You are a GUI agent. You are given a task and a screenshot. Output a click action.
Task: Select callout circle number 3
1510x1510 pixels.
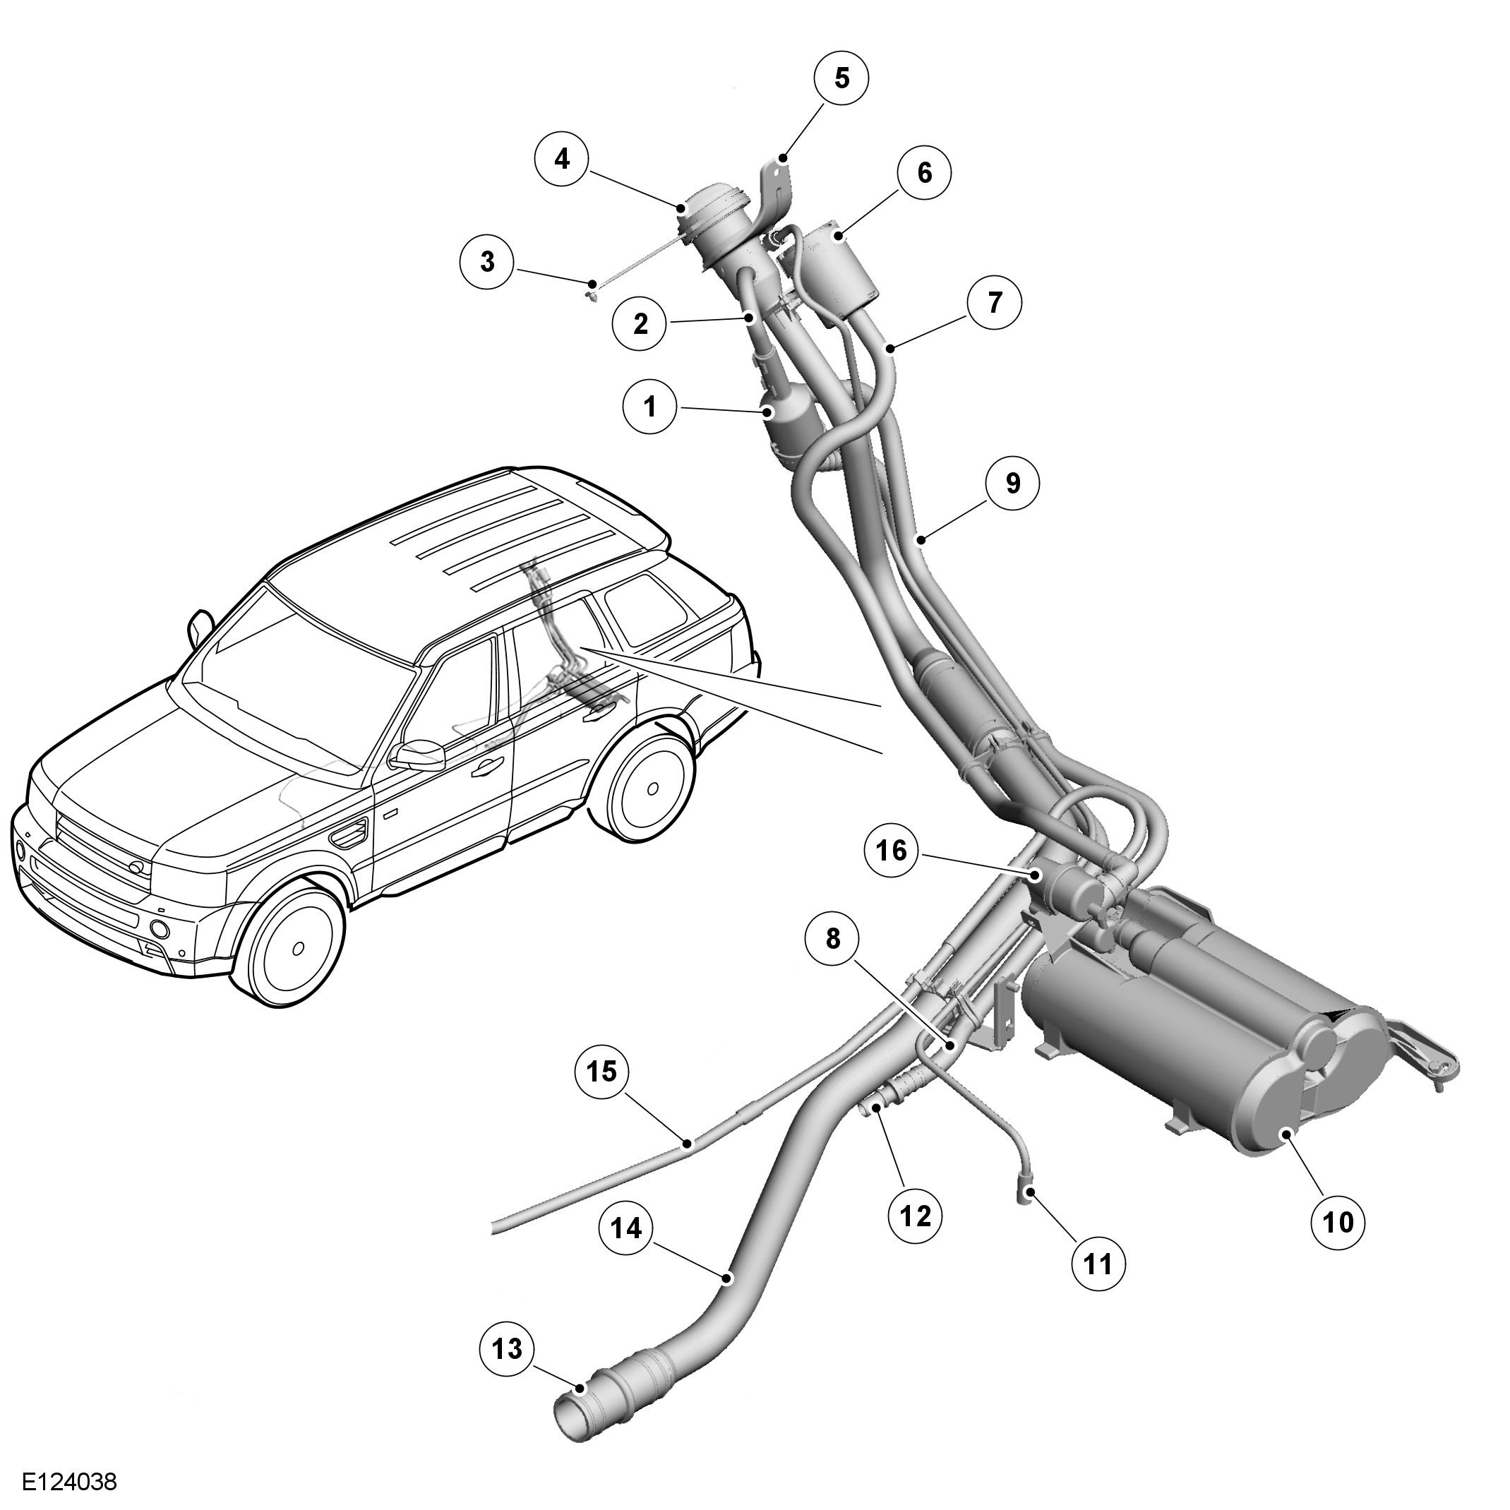pyautogui.click(x=487, y=261)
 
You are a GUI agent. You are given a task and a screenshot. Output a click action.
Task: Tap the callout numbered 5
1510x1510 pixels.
pyautogui.click(x=841, y=79)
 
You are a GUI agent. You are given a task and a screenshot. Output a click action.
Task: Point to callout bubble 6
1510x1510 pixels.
pyautogui.click(x=925, y=173)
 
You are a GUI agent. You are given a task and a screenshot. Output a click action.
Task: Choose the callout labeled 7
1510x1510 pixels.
pyautogui.click(x=994, y=301)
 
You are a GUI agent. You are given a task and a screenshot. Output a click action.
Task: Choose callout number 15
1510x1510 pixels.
pyautogui.click(x=601, y=1071)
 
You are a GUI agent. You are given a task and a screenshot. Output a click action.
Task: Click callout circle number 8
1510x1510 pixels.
pyautogui.click(x=833, y=939)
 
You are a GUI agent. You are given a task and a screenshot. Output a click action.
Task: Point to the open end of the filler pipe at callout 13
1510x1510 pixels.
pyautogui.click(x=574, y=1416)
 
